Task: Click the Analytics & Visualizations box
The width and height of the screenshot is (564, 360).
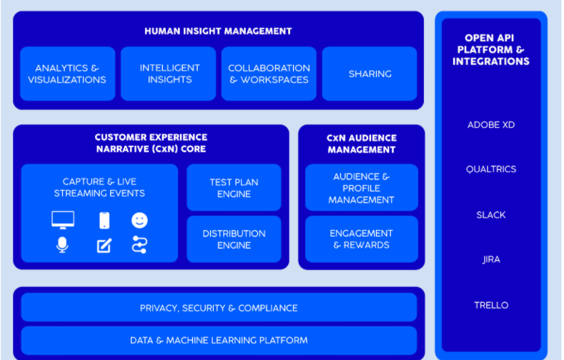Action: (x=68, y=74)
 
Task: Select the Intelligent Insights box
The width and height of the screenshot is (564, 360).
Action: (x=168, y=74)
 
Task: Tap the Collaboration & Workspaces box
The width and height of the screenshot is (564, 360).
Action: (x=269, y=74)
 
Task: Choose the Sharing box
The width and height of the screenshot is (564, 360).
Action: (x=370, y=74)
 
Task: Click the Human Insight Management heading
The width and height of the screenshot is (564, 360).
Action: (x=218, y=31)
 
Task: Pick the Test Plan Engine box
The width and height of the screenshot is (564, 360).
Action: (x=234, y=188)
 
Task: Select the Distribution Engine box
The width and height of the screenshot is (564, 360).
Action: (x=234, y=239)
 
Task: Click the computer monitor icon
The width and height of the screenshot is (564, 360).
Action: (x=63, y=220)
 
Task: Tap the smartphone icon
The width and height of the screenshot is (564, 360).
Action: (x=104, y=220)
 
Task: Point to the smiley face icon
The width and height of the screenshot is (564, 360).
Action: (x=139, y=220)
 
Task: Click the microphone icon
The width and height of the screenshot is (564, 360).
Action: (x=62, y=245)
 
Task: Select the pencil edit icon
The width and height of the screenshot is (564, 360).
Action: (x=104, y=246)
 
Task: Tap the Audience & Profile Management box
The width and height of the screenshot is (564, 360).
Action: (x=362, y=188)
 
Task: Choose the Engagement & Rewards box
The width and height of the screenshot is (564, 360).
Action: (x=362, y=239)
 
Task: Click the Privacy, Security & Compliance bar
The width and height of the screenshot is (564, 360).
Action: (x=219, y=308)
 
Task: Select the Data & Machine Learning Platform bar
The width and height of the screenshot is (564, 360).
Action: (x=219, y=340)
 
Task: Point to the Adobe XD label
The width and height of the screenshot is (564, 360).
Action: (x=491, y=125)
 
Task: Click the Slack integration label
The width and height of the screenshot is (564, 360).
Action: (x=491, y=215)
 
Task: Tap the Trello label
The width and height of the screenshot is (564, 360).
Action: (x=491, y=305)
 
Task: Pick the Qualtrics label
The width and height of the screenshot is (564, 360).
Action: (x=491, y=169)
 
